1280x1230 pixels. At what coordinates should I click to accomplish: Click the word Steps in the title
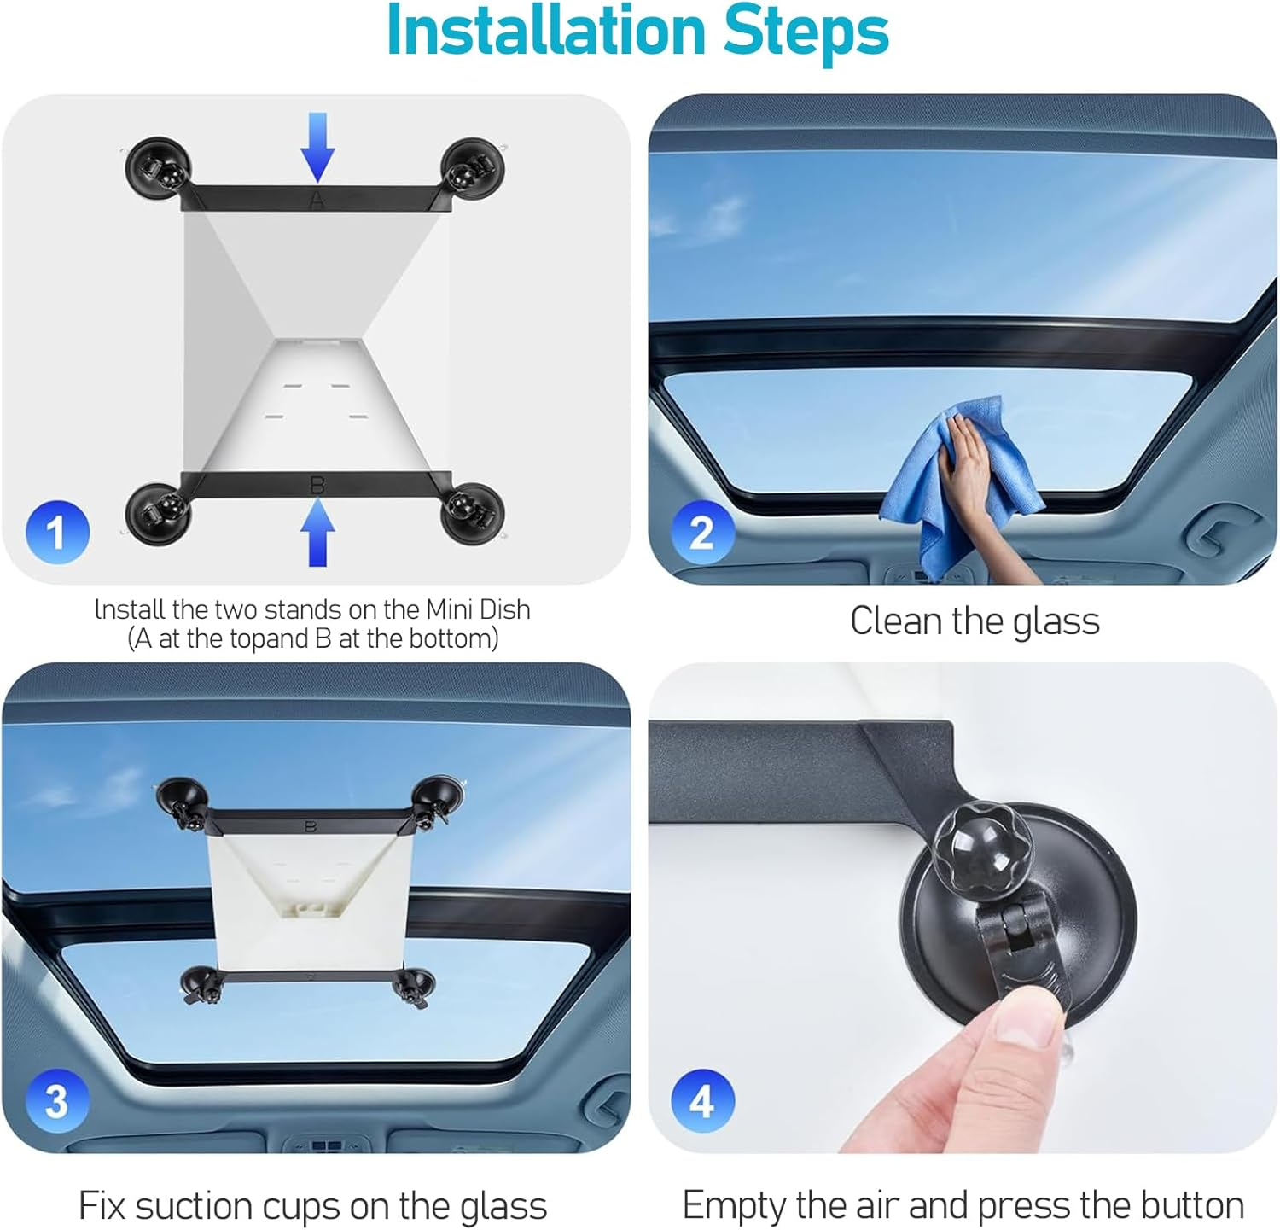tap(806, 31)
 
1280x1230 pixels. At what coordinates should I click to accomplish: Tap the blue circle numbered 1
tap(56, 532)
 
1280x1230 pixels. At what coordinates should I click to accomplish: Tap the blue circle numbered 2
tap(701, 532)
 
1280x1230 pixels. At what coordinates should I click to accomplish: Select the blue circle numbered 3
tap(56, 1100)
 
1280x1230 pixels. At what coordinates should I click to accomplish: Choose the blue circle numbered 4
tap(701, 1100)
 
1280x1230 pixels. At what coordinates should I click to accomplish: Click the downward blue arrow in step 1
tap(317, 146)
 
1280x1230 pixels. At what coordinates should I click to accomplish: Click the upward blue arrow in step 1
tap(317, 533)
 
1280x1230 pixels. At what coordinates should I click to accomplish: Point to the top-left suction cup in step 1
tap(158, 167)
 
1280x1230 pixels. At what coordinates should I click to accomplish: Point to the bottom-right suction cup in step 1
tap(471, 511)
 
